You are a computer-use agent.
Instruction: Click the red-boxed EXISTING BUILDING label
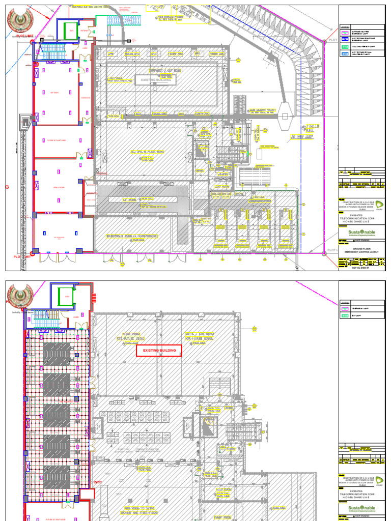coord(159,351)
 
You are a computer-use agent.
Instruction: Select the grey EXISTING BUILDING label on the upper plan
coord(155,80)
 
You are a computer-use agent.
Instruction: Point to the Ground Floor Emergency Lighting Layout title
coord(360,249)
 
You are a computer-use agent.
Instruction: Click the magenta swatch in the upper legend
coord(346,31)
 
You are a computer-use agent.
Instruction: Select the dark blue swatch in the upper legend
coord(346,39)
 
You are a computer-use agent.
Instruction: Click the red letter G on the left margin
coord(7,187)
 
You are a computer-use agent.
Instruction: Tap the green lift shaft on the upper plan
coord(69,30)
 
